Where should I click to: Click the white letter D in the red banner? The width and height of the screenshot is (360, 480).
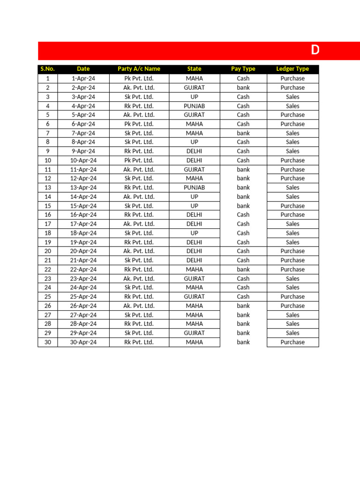pos(315,51)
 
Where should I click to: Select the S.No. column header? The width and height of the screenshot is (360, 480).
pos(47,69)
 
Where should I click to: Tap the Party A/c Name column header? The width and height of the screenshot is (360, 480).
pos(139,69)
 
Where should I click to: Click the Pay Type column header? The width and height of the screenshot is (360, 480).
pos(243,69)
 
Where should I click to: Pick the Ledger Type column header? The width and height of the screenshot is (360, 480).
pos(292,69)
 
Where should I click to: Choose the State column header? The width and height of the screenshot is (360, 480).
pos(194,69)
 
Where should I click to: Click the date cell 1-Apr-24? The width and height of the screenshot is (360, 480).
pos(83,78)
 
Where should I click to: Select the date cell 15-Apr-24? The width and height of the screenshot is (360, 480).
pos(83,206)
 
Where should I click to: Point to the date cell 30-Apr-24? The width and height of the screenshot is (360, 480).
pos(83,342)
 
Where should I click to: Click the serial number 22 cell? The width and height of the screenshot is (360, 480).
pos(47,270)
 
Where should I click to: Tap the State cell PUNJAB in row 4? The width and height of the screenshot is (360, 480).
pos(194,106)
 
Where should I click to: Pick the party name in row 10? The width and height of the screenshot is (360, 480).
pos(139,160)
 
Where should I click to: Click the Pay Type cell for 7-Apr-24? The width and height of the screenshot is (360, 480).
pos(243,133)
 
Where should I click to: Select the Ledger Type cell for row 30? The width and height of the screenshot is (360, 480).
pos(292,342)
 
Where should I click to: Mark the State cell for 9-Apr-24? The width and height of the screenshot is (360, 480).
pos(194,151)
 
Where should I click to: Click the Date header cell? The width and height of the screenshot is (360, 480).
pos(83,69)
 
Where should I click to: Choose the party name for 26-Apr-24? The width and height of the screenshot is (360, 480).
pos(139,306)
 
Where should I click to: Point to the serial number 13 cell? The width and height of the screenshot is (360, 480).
pos(47,187)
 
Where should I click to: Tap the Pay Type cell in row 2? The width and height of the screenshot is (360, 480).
pos(243,88)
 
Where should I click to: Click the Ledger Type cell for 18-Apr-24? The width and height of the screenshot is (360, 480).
pos(292,233)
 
